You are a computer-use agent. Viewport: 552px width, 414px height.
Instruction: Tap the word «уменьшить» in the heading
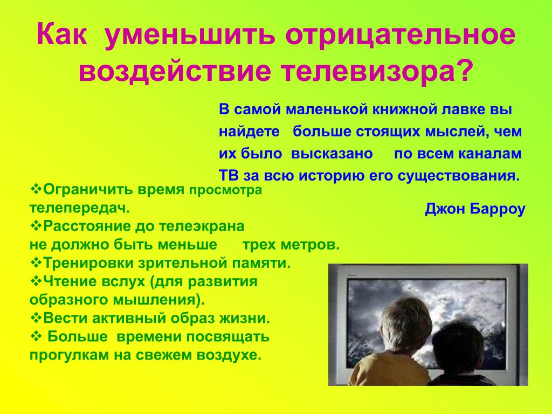point(189,35)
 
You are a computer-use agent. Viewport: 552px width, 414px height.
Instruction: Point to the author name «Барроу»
point(498,209)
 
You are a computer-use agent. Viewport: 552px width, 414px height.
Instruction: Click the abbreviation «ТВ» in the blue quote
point(229,175)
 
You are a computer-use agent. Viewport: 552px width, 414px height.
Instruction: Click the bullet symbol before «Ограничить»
point(36,189)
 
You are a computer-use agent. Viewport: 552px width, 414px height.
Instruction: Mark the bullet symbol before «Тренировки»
point(36,263)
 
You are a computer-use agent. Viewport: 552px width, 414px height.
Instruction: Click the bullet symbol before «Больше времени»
point(36,336)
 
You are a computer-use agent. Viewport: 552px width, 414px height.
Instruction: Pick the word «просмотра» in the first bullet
point(226,190)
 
